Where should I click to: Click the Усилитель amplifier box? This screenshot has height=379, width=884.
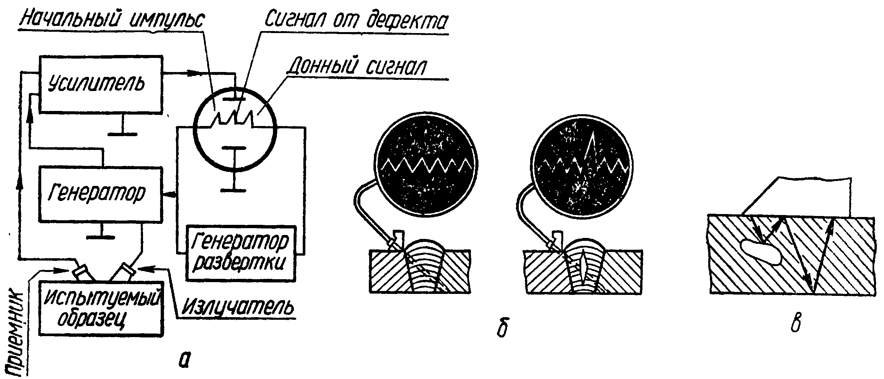point(100,84)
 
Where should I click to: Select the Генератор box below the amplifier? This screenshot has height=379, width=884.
point(100,194)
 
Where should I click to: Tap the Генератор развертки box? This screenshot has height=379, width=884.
point(240,253)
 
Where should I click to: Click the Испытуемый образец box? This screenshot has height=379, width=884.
point(101,308)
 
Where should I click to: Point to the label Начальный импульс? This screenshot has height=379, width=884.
point(112,20)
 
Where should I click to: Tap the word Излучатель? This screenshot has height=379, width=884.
point(237,307)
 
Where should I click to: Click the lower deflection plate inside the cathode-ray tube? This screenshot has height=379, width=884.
point(234,148)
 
